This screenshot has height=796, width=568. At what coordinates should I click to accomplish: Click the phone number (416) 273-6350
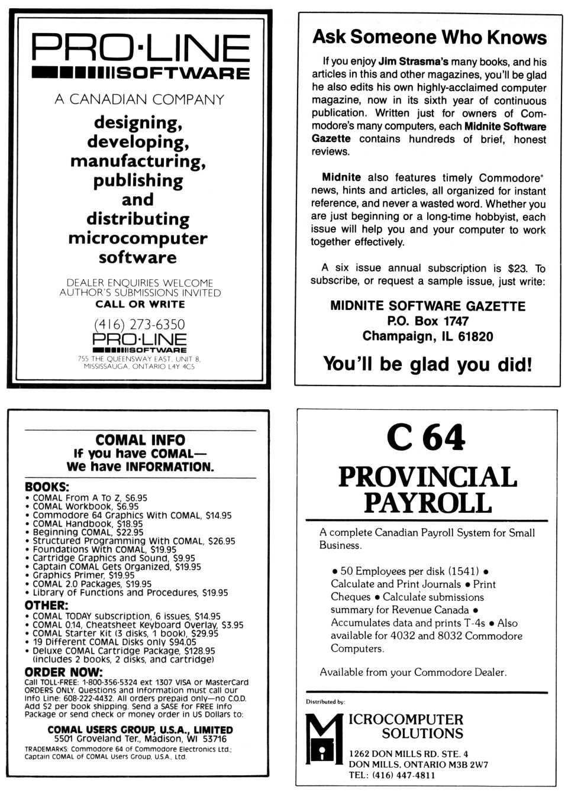pos(139,324)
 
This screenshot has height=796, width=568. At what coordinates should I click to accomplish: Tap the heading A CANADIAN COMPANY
pos(139,99)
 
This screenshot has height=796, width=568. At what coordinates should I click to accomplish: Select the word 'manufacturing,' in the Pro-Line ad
pos(138,161)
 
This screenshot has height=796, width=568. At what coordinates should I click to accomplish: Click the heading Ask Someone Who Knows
pos(429,37)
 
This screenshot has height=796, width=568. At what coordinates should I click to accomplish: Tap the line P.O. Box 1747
pos(427,321)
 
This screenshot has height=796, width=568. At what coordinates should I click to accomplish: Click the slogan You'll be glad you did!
pos(427,364)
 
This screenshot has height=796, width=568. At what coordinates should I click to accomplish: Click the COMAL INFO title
pos(140,440)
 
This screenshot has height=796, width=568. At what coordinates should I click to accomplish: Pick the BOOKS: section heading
pos(47,487)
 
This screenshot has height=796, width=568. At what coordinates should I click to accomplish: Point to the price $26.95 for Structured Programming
pos(221,541)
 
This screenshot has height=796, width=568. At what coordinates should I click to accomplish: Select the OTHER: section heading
pos(46,605)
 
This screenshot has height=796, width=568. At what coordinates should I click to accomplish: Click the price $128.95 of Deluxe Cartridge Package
pos(199,651)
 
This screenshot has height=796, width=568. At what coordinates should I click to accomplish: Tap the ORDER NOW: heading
pos(63,672)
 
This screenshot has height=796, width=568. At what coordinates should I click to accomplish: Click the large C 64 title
pos(426,438)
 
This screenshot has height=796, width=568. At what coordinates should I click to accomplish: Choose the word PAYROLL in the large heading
pos(427,503)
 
